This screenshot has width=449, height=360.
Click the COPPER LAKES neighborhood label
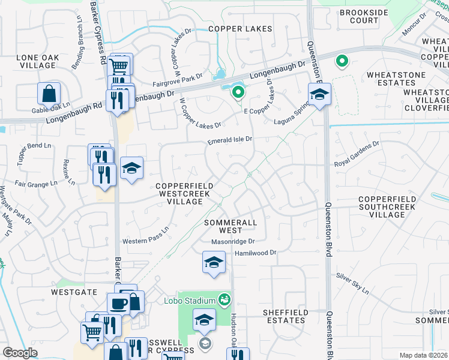point(240,29)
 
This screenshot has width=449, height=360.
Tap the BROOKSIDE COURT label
point(359,16)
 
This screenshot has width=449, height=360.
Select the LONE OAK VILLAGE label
point(38,61)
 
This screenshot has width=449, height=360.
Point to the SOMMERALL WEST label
point(231,226)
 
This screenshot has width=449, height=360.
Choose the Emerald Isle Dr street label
point(230,139)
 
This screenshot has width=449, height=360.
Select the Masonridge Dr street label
point(234,241)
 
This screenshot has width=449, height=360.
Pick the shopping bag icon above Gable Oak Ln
point(49,94)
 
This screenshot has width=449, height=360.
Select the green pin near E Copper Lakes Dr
point(238,92)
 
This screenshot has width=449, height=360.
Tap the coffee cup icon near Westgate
point(118,303)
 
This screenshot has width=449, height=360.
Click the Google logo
point(20,353)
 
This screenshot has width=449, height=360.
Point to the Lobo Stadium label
point(190,300)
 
